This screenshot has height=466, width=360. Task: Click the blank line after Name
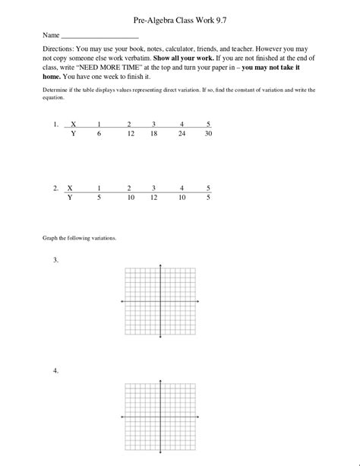point(99,36)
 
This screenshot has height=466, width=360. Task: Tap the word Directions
point(58,48)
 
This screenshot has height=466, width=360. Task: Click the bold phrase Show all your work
point(188,58)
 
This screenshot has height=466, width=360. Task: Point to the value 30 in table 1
point(208,133)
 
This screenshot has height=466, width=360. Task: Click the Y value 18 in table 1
point(153,133)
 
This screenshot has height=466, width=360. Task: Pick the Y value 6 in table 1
point(98,133)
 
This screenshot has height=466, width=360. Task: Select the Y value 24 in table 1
point(182,133)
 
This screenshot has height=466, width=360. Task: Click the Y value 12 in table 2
point(153,196)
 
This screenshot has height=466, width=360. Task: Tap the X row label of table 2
point(70,187)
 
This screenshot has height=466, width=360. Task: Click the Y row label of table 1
point(73,133)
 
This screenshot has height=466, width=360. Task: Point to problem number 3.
point(56,260)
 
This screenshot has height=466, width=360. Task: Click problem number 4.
point(56,370)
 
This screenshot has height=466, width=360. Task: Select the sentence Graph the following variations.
point(79,237)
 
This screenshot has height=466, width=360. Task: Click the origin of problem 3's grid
point(160,302)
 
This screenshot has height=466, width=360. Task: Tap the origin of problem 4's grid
point(160,417)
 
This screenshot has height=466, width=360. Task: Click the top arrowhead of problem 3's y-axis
point(160,265)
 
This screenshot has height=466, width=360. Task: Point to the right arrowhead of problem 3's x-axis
point(200,302)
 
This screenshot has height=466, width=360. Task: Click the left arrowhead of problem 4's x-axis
point(122,417)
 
